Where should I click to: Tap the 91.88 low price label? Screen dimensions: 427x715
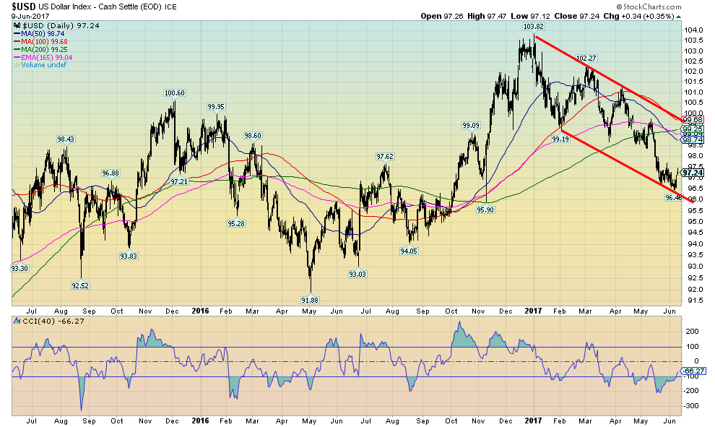[310, 299]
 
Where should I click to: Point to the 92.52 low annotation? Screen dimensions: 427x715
[81, 285]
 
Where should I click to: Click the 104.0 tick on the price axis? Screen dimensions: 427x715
[693, 30]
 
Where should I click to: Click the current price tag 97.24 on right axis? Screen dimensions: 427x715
[693, 173]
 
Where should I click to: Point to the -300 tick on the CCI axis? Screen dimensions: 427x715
[692, 406]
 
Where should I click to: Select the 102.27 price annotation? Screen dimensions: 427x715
[586, 58]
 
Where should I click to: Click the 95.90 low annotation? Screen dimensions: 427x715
[486, 210]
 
